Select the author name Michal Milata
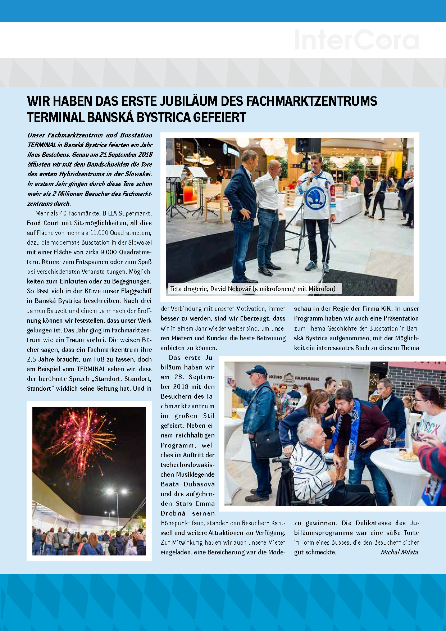pyautogui.click(x=399, y=552)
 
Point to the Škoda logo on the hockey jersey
pyautogui.click(x=315, y=198)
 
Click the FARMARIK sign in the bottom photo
pyautogui.click(x=307, y=378)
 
